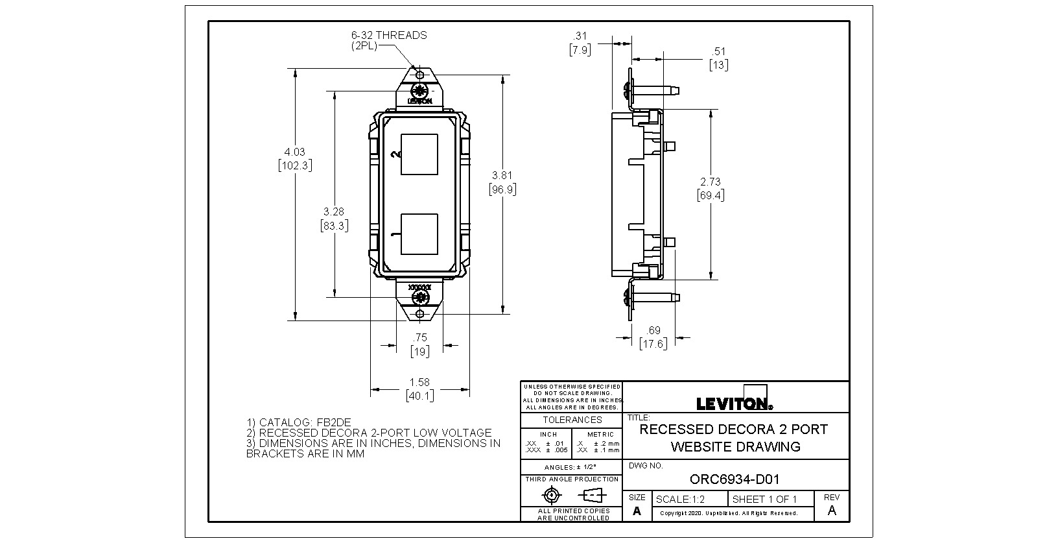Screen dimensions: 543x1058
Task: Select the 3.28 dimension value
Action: click(334, 211)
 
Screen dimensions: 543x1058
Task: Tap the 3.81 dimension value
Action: click(502, 175)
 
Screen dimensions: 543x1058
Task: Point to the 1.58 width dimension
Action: click(419, 382)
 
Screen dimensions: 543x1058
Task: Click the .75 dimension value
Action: click(420, 337)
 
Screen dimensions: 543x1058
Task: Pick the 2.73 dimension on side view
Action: click(711, 182)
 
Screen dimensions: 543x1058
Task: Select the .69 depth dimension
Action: click(653, 332)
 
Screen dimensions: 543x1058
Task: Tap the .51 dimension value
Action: click(719, 51)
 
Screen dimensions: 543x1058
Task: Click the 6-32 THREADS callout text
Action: click(389, 35)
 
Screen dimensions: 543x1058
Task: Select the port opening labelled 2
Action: click(419, 154)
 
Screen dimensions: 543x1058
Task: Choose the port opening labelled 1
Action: click(419, 234)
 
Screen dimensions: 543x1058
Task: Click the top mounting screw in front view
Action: click(420, 90)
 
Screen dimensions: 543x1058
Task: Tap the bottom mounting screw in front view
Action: click(420, 298)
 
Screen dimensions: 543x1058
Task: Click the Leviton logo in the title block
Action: click(735, 403)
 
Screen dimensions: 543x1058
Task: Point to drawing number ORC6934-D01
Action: click(735, 479)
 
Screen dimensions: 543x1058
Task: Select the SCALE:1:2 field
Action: click(680, 500)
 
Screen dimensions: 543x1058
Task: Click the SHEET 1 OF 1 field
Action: click(764, 500)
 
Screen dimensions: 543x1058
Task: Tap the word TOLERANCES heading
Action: click(572, 420)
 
